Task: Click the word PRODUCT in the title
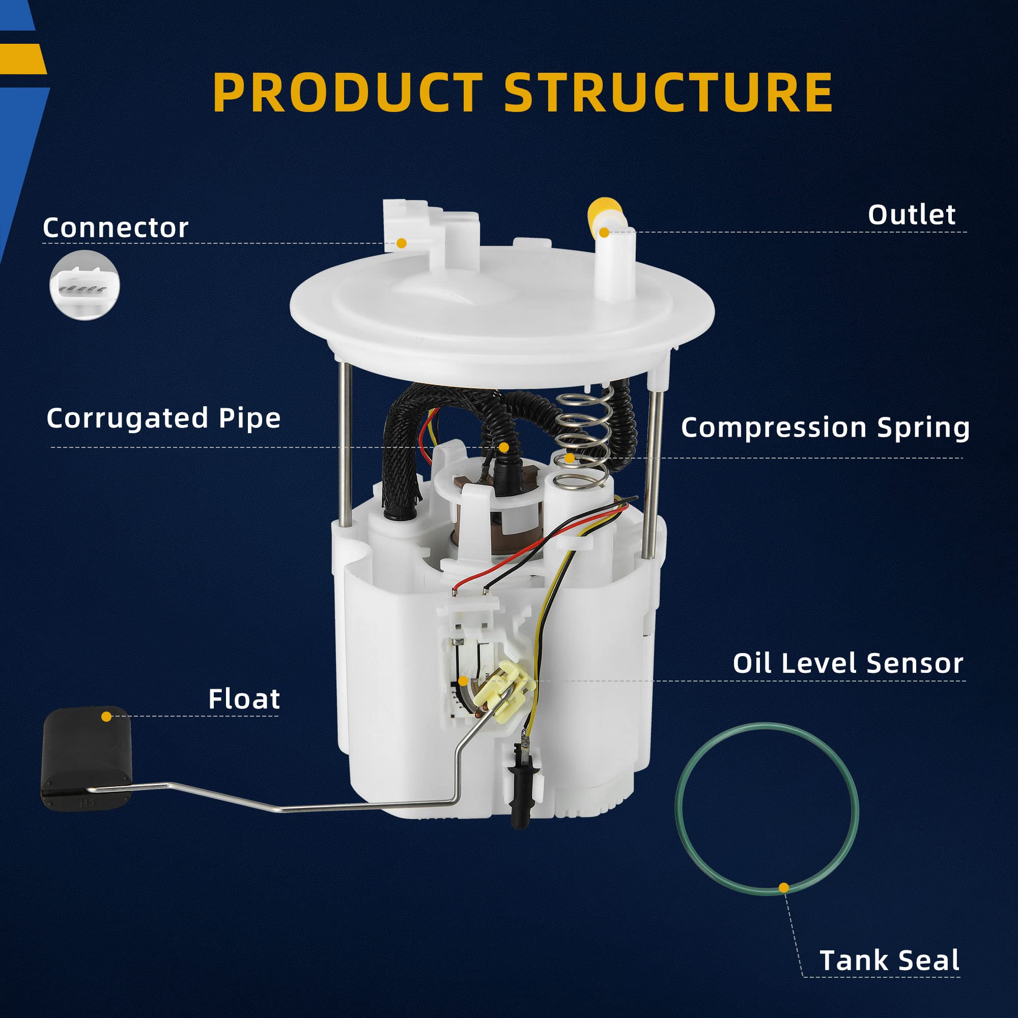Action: (x=347, y=92)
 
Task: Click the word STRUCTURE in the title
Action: (x=668, y=92)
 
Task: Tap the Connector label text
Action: (x=116, y=228)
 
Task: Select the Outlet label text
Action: (x=911, y=215)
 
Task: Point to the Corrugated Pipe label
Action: (x=163, y=418)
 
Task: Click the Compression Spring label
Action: (x=825, y=427)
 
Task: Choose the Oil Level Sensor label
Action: (x=847, y=663)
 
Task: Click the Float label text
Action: (x=244, y=699)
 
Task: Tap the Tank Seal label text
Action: (x=889, y=960)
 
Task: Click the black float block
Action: (x=84, y=753)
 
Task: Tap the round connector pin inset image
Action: (x=85, y=285)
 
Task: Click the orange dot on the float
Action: (x=106, y=717)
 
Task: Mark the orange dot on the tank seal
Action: (x=783, y=888)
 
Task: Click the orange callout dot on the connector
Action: (x=402, y=243)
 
